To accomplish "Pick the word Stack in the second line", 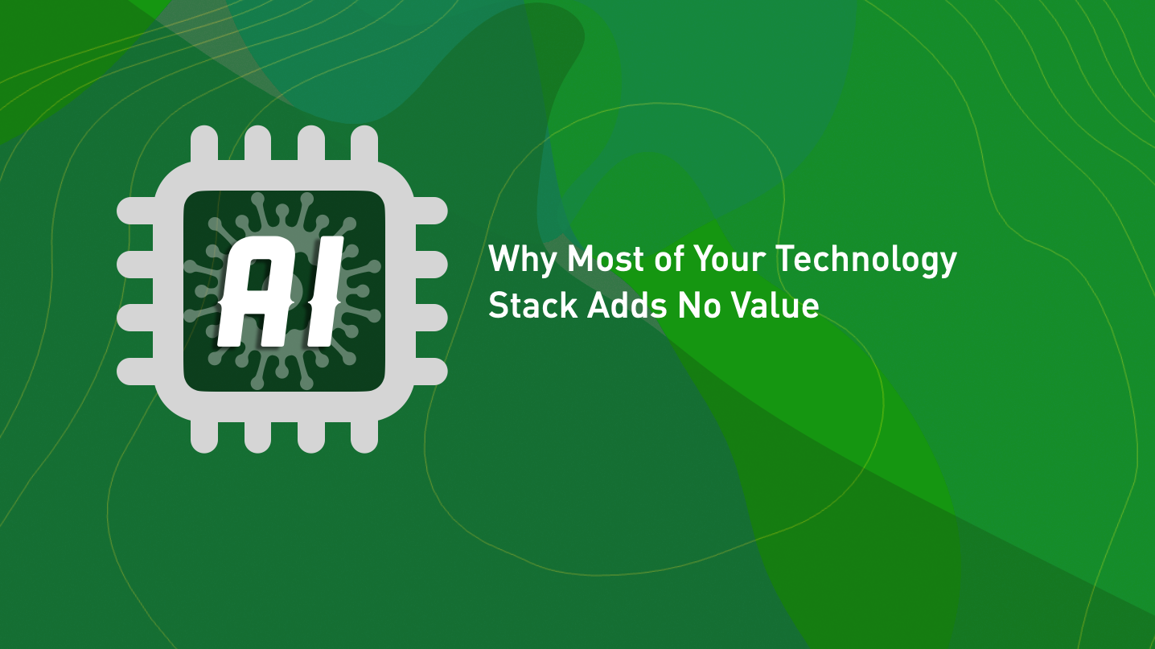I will pyautogui.click(x=532, y=306).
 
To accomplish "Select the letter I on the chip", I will pyautogui.click(x=320, y=291).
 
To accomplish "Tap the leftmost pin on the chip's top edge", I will pyautogui.click(x=204, y=145).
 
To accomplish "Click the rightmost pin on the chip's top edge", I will pyautogui.click(x=364, y=145).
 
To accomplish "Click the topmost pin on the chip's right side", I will pyautogui.click(x=430, y=211).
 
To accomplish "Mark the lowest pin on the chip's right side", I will pyautogui.click(x=430, y=371).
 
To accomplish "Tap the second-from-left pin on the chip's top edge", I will pyautogui.click(x=257, y=145).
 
